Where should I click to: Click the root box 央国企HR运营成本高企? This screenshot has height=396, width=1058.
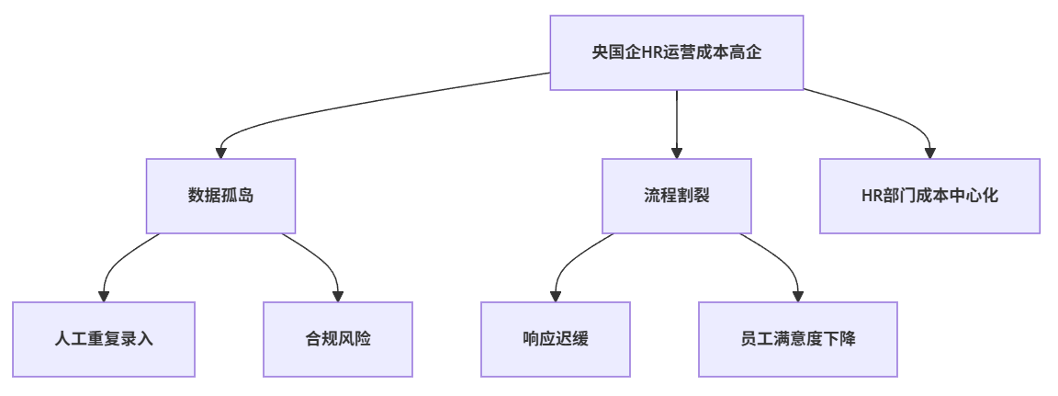[x=677, y=52]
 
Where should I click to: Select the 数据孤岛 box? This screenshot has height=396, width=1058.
[x=220, y=196]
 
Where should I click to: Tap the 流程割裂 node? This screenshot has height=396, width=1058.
[x=677, y=196]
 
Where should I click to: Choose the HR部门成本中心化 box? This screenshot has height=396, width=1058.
[x=929, y=196]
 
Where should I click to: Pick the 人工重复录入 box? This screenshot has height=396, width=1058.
[x=104, y=339]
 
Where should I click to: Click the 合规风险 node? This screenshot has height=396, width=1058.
[x=338, y=339]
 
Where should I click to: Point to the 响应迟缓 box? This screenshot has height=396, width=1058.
[x=556, y=339]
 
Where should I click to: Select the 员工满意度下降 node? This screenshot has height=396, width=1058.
[x=797, y=339]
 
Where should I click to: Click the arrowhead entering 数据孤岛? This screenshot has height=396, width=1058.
[x=220, y=153]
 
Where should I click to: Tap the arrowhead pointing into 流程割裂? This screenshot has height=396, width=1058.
[x=677, y=153]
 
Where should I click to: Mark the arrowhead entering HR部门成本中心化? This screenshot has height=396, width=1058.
[x=929, y=153]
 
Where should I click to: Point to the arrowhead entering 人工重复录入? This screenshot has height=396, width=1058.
[x=104, y=296]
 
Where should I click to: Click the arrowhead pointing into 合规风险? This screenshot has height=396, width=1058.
[x=338, y=296]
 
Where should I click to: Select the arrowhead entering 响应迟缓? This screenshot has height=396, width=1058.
[x=556, y=296]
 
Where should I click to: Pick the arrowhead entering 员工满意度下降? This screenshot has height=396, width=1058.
[x=797, y=296]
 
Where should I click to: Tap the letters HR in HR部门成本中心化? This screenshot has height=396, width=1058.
[x=872, y=197]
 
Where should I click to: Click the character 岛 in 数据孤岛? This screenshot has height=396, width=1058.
[x=245, y=197]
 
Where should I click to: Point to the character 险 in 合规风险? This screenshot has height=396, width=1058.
[x=363, y=339]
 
